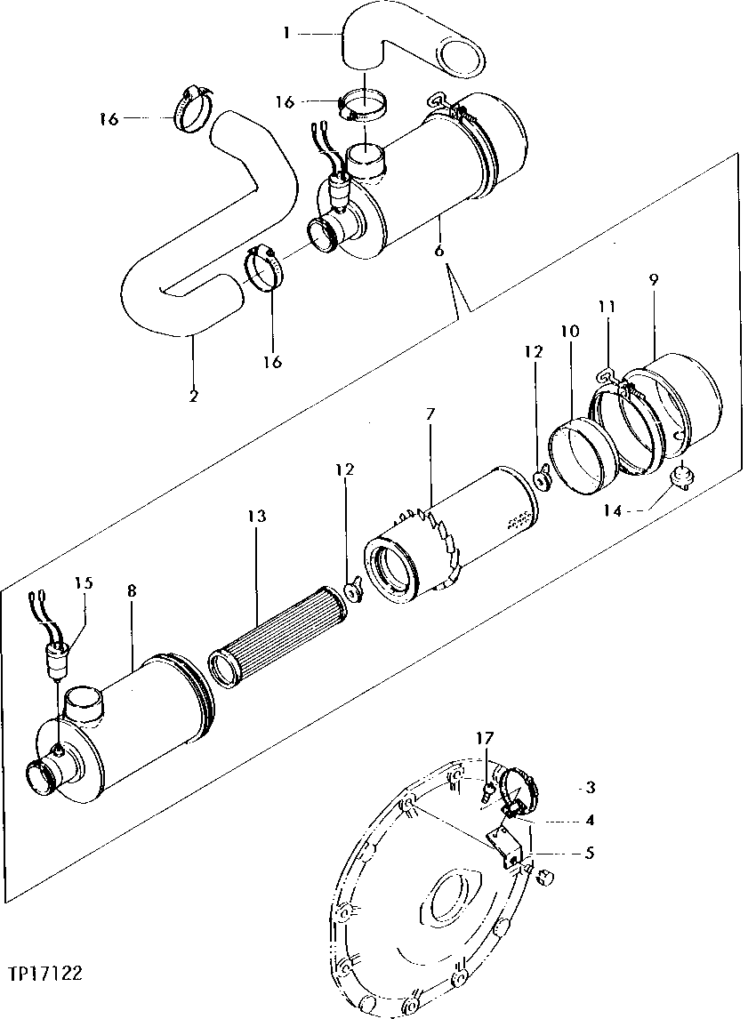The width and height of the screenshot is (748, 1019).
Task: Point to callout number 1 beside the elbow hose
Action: (286, 34)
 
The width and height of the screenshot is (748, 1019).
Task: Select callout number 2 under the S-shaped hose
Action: (194, 394)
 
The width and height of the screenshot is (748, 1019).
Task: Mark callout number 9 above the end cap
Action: (654, 278)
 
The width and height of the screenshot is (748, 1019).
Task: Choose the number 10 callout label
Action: (569, 331)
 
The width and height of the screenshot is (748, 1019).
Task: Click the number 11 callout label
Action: (607, 307)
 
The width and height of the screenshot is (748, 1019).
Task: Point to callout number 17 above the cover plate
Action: (483, 737)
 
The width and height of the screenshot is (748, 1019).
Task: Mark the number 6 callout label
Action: (439, 252)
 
